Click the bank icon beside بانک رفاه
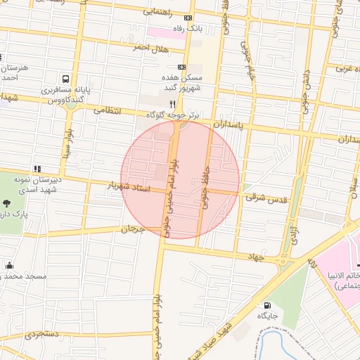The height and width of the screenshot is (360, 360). tap(188, 18)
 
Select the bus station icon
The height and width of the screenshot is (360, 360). tap(66, 79)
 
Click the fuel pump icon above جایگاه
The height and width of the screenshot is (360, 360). tap(267, 305)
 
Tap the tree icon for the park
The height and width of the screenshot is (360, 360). tap(6, 202)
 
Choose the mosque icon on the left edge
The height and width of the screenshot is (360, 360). tap(9, 265)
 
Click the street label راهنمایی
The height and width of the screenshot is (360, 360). tap(160, 11)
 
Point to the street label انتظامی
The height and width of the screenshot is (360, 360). tap(108, 110)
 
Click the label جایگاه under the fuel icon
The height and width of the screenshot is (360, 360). tap(267, 316)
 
